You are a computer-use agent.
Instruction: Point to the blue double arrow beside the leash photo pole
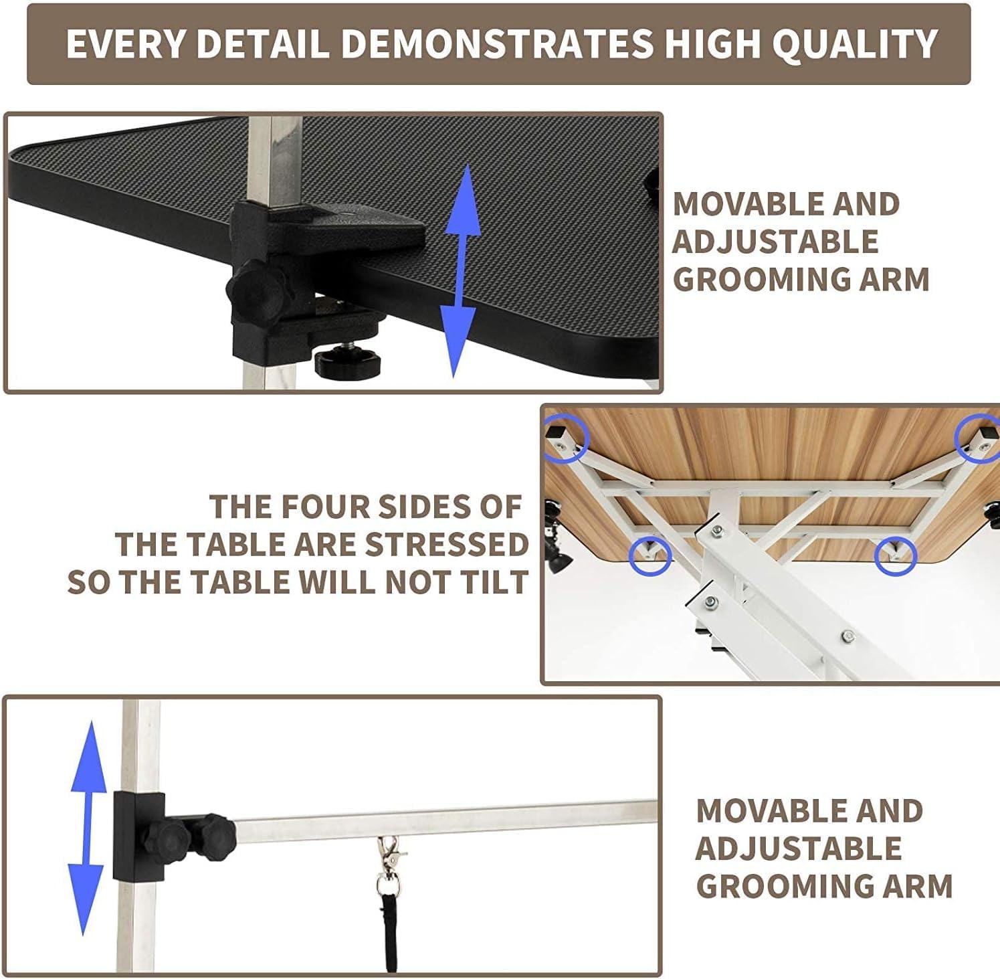87,827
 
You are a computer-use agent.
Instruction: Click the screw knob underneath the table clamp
346,361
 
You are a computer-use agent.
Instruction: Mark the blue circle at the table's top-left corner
565,439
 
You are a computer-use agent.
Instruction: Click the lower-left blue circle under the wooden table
650,555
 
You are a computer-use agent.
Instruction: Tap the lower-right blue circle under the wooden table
896,555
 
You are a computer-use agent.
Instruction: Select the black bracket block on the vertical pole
138,836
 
